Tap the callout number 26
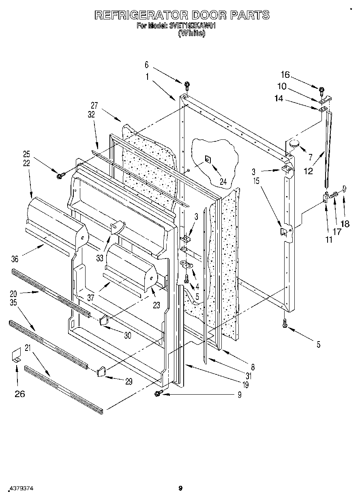pyautogui.click(x=19, y=393)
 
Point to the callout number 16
pyautogui.click(x=285, y=74)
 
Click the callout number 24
pyautogui.click(x=223, y=182)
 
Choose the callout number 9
pyautogui.click(x=240, y=395)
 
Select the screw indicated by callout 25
pyautogui.click(x=61, y=175)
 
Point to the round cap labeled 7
pyautogui.click(x=294, y=143)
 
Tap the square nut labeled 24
pyautogui.click(x=207, y=159)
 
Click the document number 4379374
pyautogui.click(x=20, y=489)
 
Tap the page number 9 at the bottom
pyautogui.click(x=180, y=488)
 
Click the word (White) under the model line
pyautogui.click(x=192, y=33)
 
